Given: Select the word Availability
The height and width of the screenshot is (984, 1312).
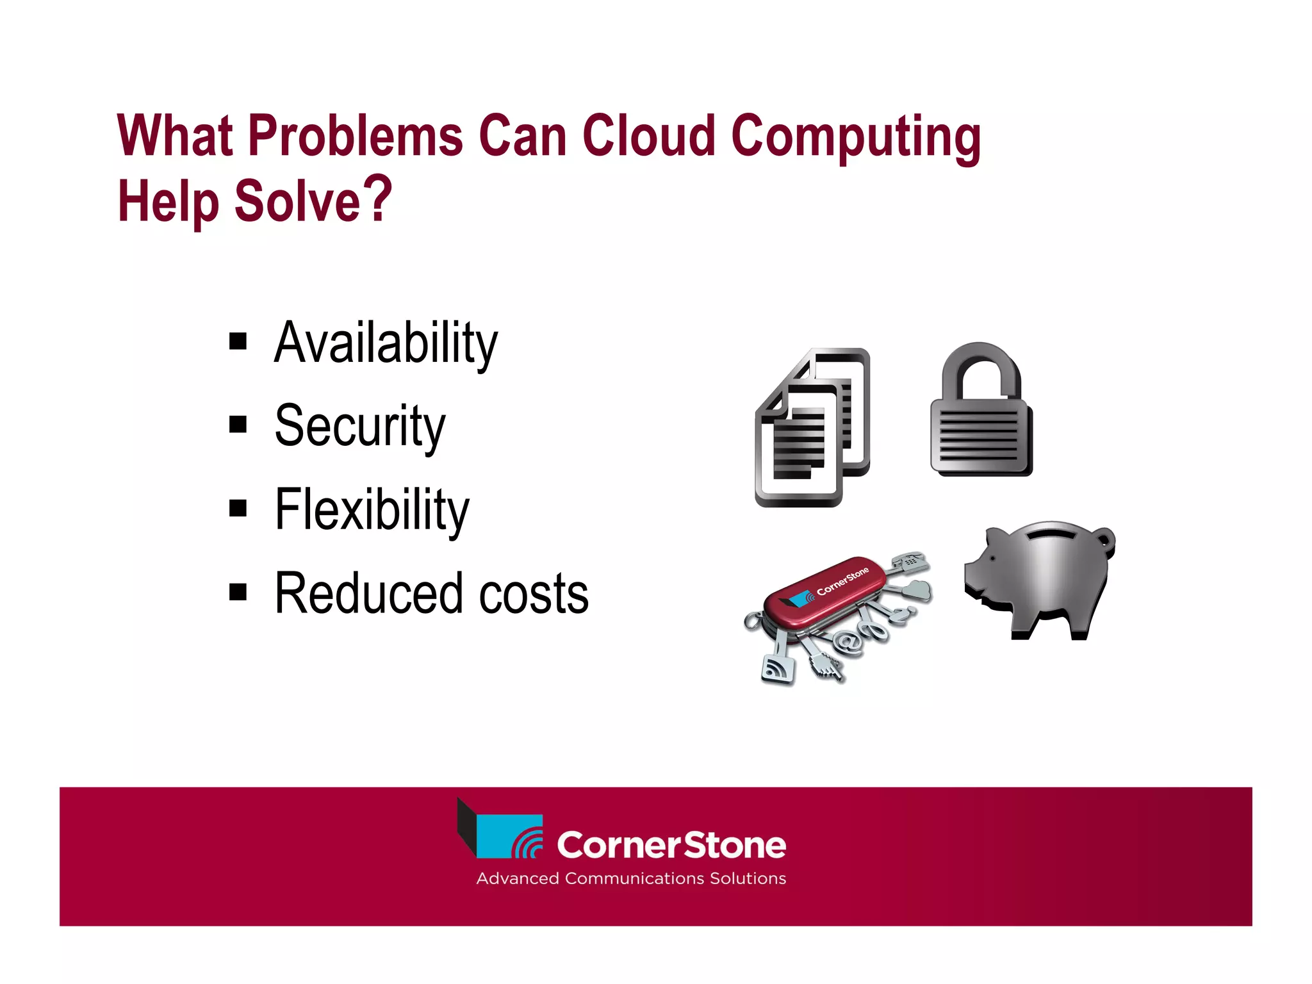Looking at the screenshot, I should pos(386,343).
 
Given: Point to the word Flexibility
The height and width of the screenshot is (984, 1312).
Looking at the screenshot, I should pos(372,510).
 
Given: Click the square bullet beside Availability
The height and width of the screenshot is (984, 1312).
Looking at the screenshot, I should pos(238,341).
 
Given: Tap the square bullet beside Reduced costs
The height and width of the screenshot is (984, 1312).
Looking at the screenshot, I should pos(238,593).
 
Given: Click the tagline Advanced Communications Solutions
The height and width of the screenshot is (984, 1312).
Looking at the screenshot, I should pos(631,878).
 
